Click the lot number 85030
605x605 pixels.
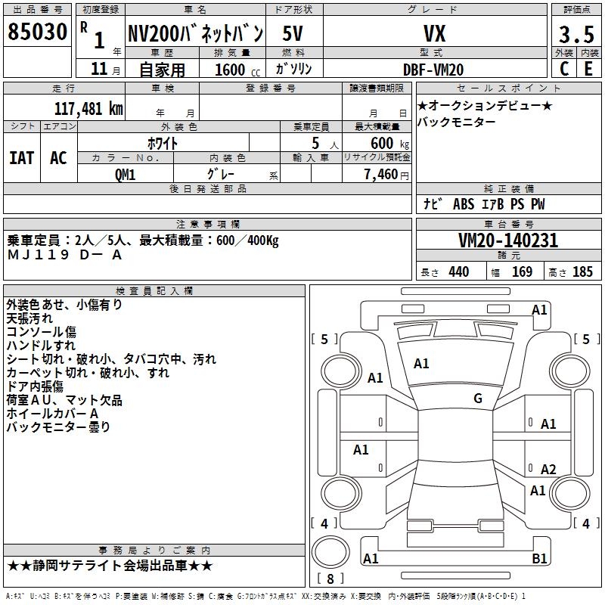37,33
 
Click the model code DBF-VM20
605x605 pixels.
433,69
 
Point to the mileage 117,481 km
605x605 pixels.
88,107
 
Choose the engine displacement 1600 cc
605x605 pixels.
234,70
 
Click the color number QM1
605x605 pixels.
125,174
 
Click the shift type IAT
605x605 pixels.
21,158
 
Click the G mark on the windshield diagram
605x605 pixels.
477,399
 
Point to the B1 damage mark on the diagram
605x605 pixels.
539,559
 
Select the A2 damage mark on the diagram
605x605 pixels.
548,469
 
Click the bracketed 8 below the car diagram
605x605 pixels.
330,579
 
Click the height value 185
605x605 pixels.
582,272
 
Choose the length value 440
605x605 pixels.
458,272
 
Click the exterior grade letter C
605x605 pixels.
563,69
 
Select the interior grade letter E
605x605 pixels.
588,69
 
